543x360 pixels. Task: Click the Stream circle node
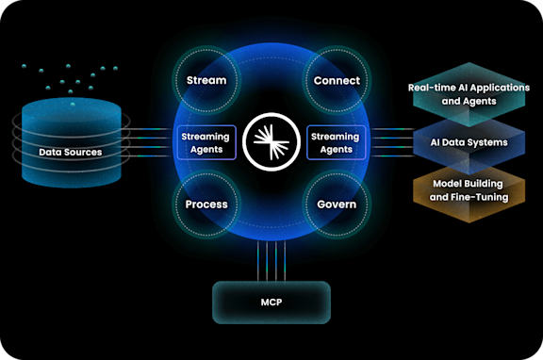click(206, 80)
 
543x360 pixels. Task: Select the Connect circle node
click(336, 80)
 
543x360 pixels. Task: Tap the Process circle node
click(206, 204)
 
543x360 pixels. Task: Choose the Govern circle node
click(336, 204)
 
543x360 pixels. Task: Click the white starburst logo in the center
click(271, 142)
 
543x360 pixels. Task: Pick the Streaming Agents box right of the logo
click(336, 142)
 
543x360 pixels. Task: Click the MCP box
click(271, 303)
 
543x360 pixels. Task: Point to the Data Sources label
click(71, 151)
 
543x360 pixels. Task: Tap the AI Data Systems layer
click(469, 142)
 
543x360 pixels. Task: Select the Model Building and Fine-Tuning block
click(469, 190)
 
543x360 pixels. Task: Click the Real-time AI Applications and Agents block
click(469, 93)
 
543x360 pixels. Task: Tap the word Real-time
click(432, 87)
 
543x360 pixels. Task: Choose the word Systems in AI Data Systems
click(487, 142)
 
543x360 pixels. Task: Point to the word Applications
click(498, 87)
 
